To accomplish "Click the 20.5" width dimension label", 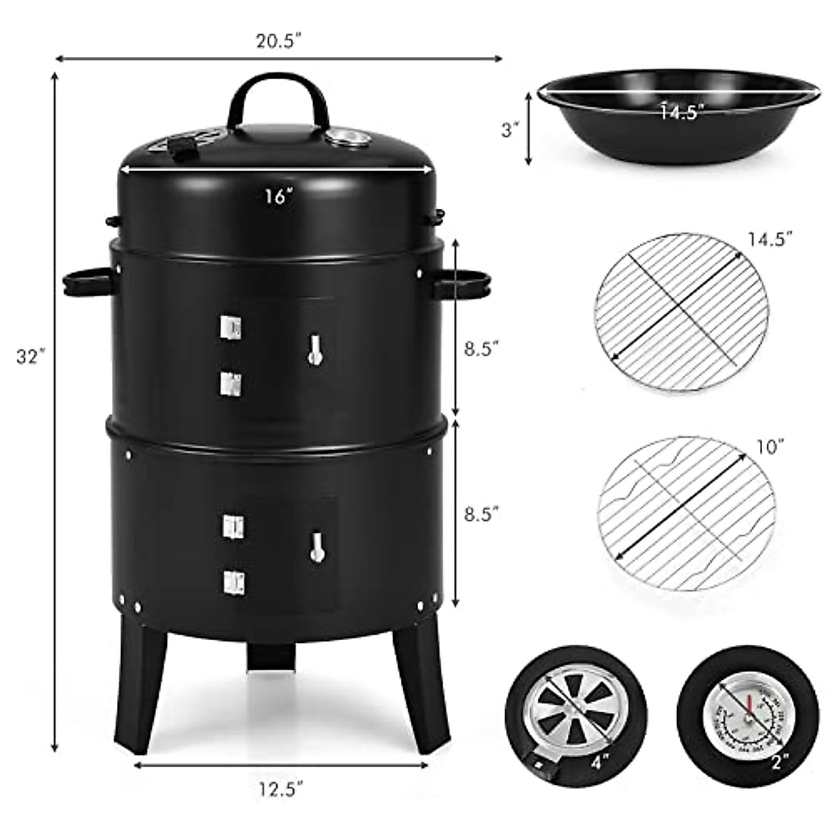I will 280,41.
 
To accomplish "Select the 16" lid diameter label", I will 276,196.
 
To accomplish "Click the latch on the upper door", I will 315,349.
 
